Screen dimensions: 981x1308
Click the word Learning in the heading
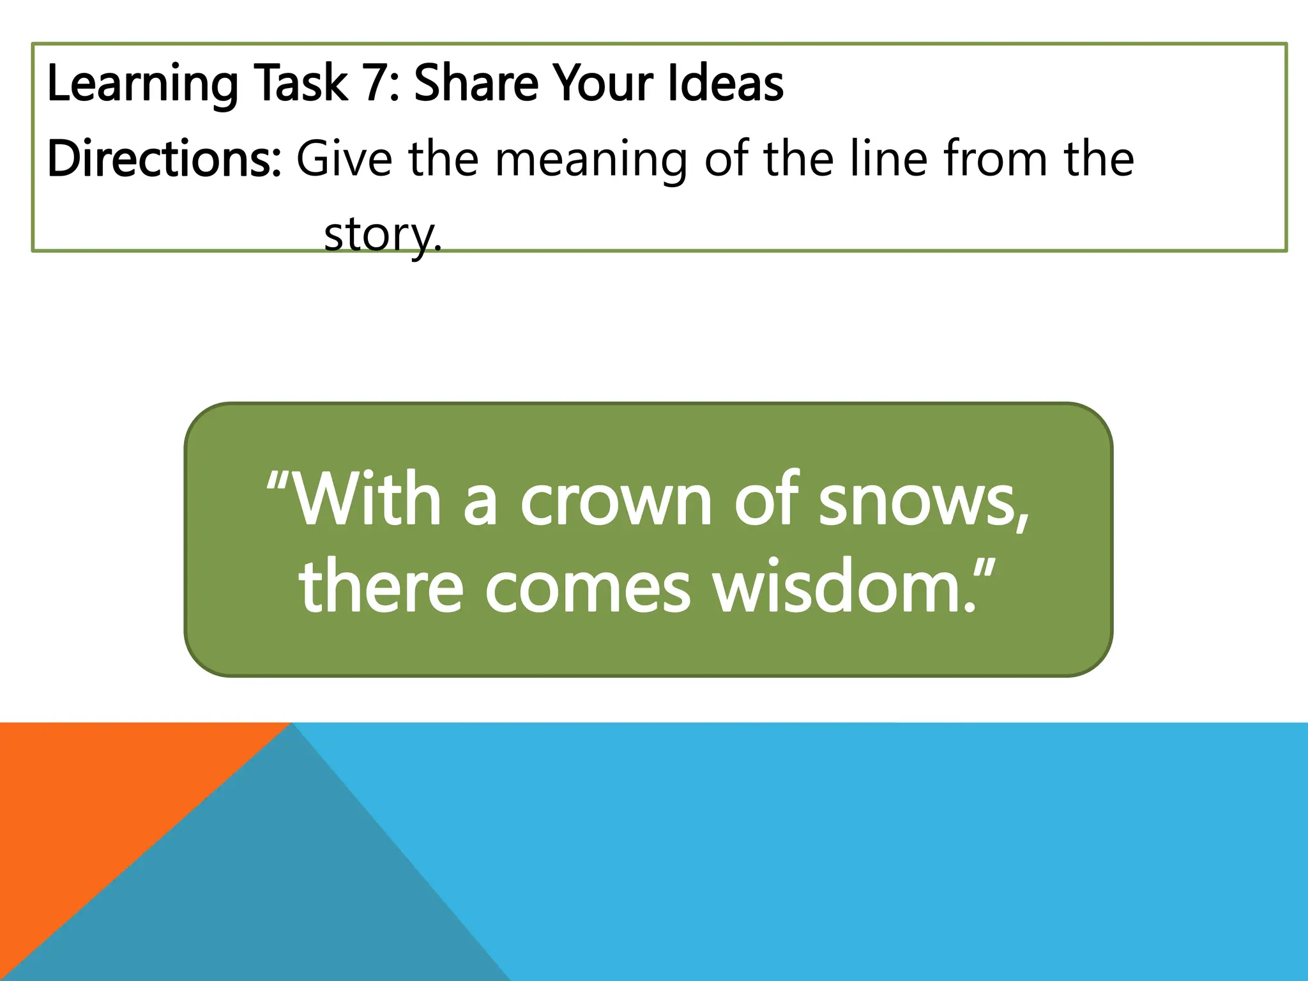pyautogui.click(x=142, y=84)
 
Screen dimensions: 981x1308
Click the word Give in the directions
pyautogui.click(x=344, y=159)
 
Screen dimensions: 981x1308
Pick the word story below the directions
pyautogui.click(x=381, y=235)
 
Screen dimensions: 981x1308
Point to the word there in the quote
pyautogui.click(x=381, y=586)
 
